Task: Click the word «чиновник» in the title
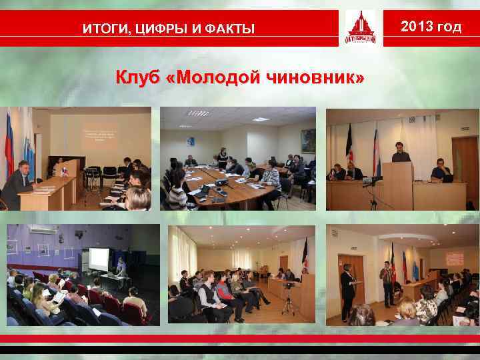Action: [314, 78]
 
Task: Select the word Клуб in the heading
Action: [139, 78]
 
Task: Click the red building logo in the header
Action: [360, 29]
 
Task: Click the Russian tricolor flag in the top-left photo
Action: [9, 143]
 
